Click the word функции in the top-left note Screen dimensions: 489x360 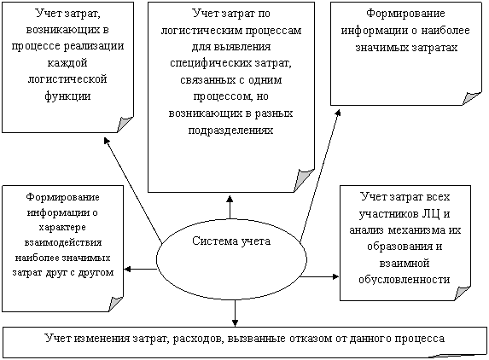click(x=67, y=96)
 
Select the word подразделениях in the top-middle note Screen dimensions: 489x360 click(x=230, y=130)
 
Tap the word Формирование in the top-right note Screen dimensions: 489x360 click(x=405, y=14)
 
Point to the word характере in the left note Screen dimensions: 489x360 click(x=62, y=227)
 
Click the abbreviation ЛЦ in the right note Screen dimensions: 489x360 click(x=431, y=214)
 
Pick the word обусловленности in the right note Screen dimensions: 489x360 click(x=405, y=279)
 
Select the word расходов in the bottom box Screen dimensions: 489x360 click(x=198, y=339)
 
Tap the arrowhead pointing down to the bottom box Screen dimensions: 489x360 click(x=235, y=323)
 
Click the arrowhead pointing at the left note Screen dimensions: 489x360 click(x=127, y=269)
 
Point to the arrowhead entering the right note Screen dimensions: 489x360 click(x=335, y=276)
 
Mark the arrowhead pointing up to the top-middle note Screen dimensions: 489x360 click(x=230, y=199)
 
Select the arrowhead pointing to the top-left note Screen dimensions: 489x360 click(x=107, y=141)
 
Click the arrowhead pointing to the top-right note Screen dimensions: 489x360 click(x=338, y=112)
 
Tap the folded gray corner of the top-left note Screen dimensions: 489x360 click(x=125, y=124)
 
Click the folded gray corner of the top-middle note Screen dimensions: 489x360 click(x=304, y=180)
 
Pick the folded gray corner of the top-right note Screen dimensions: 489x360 click(x=472, y=98)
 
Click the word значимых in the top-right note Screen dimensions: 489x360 click(x=381, y=48)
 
